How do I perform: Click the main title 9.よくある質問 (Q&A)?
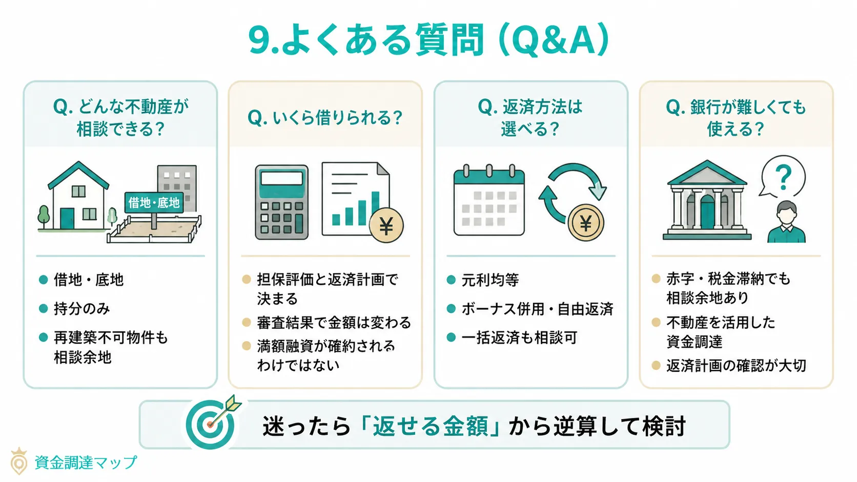(x=428, y=40)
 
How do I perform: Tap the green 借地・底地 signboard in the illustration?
(x=154, y=203)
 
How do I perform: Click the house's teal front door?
(x=67, y=218)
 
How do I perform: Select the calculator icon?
(x=282, y=202)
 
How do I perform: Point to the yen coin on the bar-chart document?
(x=386, y=225)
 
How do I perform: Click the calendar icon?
(x=489, y=201)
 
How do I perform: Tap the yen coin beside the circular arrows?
(x=585, y=223)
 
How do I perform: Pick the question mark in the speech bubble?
(x=783, y=177)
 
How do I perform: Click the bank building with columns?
(x=707, y=201)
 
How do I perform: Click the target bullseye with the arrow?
(x=210, y=424)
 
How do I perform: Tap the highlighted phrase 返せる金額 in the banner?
(x=430, y=426)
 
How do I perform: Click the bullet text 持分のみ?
(x=82, y=308)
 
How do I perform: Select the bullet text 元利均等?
(x=490, y=280)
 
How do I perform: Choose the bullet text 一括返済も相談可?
(x=519, y=338)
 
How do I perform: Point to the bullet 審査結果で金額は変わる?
(x=334, y=322)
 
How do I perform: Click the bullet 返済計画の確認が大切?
(x=736, y=365)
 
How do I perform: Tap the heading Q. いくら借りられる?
(x=325, y=118)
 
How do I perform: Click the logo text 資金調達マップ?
(x=86, y=463)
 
